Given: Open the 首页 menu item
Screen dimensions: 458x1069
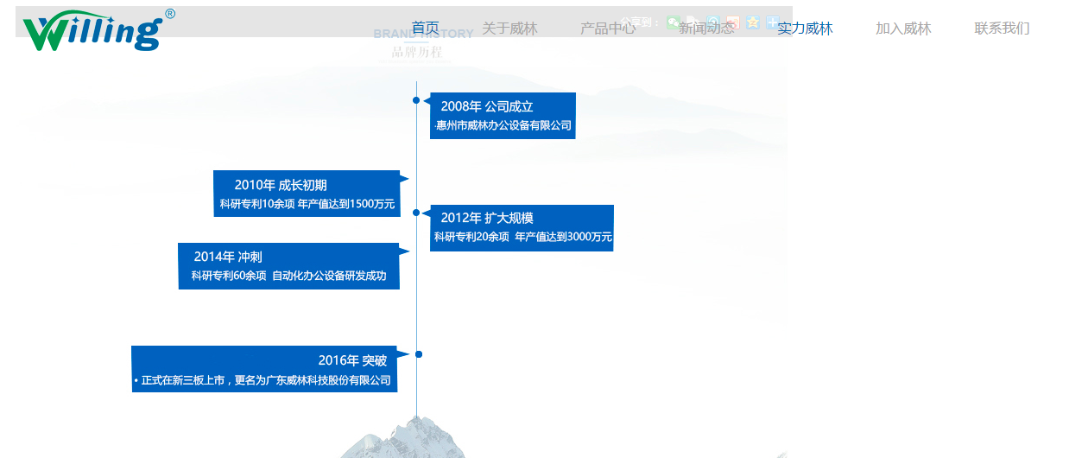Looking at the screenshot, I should pyautogui.click(x=425, y=29).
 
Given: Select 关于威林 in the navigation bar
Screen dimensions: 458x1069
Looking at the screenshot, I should pyautogui.click(x=509, y=29).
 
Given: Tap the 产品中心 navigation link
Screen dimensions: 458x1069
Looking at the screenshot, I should pyautogui.click(x=608, y=29).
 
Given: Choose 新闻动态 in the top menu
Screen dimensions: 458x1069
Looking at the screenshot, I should pyautogui.click(x=706, y=29).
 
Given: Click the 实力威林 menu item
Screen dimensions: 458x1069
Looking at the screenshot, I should pyautogui.click(x=805, y=29).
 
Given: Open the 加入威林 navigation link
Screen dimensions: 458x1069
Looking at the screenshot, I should pyautogui.click(x=903, y=29).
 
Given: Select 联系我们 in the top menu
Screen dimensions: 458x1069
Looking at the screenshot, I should pyautogui.click(x=1002, y=29).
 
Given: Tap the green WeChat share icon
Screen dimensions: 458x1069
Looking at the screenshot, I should pyautogui.click(x=673, y=22).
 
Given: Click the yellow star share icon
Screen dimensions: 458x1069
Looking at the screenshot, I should pyautogui.click(x=753, y=22).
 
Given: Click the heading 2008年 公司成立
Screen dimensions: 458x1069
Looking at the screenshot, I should pyautogui.click(x=487, y=106).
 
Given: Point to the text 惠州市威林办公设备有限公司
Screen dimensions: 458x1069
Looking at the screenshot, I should pyautogui.click(x=503, y=126).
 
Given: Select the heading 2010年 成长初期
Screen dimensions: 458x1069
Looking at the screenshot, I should pyautogui.click(x=281, y=185).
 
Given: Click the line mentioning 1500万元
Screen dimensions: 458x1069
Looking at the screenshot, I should pyautogui.click(x=307, y=204).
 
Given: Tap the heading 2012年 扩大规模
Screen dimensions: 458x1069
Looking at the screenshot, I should pyautogui.click(x=487, y=218).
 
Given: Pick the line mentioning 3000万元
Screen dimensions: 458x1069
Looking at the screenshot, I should pyautogui.click(x=522, y=237).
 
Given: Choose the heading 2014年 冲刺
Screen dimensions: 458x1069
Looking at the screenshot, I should pyautogui.click(x=228, y=257).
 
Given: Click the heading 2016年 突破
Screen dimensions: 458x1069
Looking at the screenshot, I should pyautogui.click(x=352, y=360).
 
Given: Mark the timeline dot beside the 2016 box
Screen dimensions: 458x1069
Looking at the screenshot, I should pyautogui.click(x=419, y=354).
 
